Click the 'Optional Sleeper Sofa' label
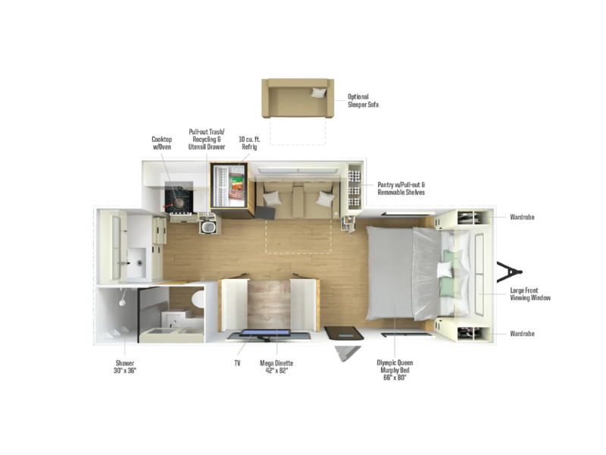coord(363,101)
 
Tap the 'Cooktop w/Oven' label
coord(161,143)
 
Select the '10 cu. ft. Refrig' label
coord(249,143)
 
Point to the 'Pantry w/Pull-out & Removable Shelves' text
coord(401,188)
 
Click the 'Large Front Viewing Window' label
coord(530,294)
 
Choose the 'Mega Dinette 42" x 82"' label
coord(276,366)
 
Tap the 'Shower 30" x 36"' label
coord(125,366)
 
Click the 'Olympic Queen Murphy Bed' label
coord(395,366)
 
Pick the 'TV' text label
coord(237,363)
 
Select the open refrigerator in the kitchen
coord(230,187)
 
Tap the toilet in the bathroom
coord(198,299)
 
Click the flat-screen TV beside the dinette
coord(266,334)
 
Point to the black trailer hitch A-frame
coord(508,272)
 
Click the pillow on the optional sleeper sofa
coord(319,93)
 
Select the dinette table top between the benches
coord(269,305)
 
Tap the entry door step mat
coord(344,333)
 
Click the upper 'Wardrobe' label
coord(522,217)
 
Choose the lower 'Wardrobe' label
coord(522,334)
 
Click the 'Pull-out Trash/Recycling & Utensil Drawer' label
coord(206,140)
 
